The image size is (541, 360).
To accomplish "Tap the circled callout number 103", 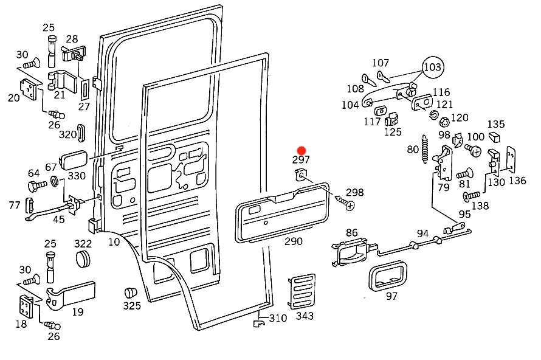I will coord(432,67).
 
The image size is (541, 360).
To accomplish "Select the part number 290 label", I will coord(294,241).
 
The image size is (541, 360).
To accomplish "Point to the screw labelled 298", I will coord(348,204).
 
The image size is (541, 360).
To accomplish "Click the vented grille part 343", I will coord(302,291).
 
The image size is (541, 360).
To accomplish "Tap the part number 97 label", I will coord(392,296).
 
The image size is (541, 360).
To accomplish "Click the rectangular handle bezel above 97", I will coord(387,275).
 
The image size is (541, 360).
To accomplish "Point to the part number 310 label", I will coord(278,318).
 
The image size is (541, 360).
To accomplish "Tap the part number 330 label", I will coord(77,176).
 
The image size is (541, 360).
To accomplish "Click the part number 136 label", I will coord(517,181).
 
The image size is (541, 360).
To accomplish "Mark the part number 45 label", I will coord(59,220).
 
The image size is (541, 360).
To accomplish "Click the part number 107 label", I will coord(381,63).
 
